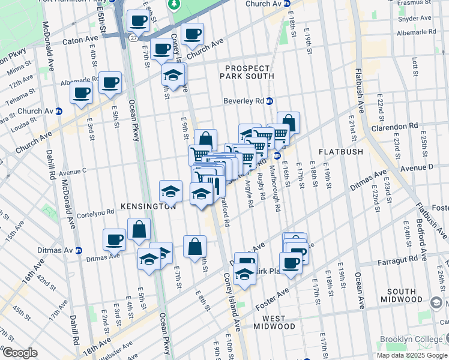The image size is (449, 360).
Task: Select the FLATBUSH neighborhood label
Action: coord(340,152)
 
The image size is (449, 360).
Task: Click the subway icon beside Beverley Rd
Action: coord(270,101)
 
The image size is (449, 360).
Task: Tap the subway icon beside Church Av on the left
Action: coord(59,111)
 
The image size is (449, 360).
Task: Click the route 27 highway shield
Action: coord(131,37)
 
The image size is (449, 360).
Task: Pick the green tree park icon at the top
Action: coord(174,5)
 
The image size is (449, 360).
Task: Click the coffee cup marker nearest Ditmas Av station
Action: coord(114,240)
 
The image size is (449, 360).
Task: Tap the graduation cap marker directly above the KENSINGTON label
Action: coord(170,191)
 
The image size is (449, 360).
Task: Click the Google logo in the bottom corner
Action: coord(19,353)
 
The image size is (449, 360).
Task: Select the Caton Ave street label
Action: coord(81,43)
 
